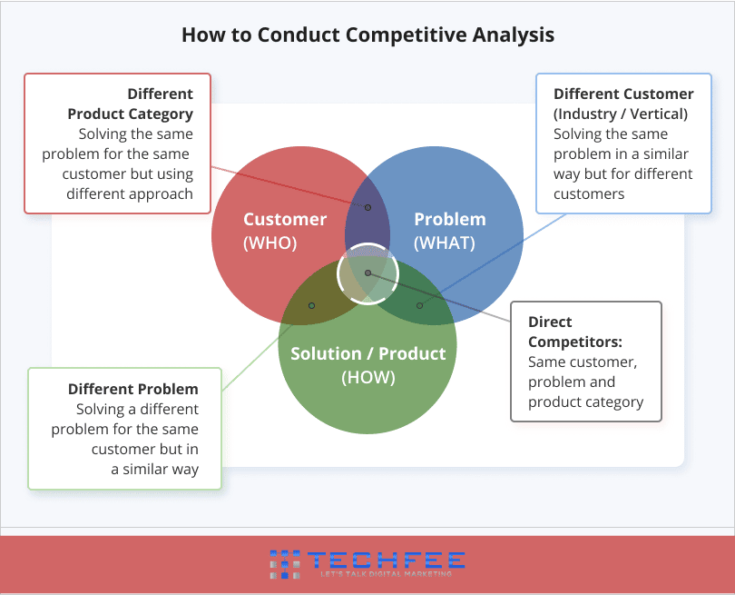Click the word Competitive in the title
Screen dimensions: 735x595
[406, 35]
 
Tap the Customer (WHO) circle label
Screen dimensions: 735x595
[285, 231]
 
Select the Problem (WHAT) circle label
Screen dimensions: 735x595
[449, 231]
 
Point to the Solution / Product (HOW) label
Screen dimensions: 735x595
[368, 365]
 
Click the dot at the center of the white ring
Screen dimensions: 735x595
[368, 273]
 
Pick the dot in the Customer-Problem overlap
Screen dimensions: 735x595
[368, 207]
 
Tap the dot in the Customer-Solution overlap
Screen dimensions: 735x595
[311, 305]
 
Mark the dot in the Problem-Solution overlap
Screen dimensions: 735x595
[419, 305]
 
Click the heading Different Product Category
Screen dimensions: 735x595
[131, 104]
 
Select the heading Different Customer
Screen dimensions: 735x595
[623, 94]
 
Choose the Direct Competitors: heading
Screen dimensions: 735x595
[575, 332]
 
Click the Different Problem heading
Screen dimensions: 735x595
[133, 389]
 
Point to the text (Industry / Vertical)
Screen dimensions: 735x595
[621, 114]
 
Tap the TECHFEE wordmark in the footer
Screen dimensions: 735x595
[387, 560]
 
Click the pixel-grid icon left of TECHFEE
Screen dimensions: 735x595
[285, 564]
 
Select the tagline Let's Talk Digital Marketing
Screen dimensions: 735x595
[387, 574]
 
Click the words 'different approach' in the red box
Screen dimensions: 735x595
[130, 193]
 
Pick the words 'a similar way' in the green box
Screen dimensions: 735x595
[154, 470]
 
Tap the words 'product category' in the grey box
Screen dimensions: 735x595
[585, 402]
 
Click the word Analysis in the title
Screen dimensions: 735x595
[514, 35]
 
